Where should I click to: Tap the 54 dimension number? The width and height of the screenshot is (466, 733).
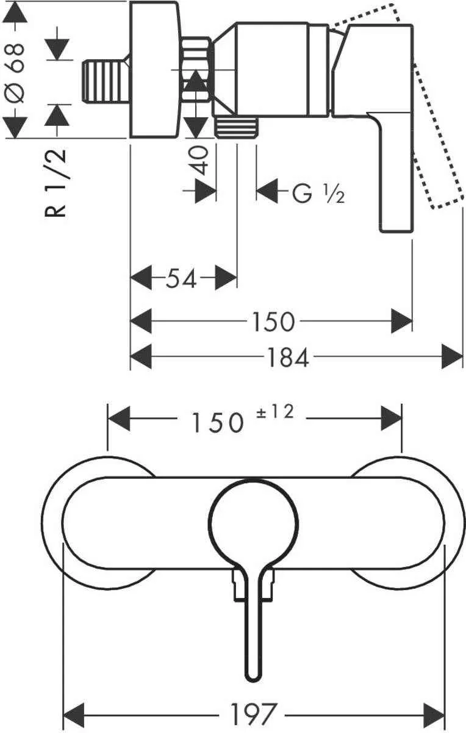(x=182, y=280)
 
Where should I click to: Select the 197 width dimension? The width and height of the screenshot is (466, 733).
(x=254, y=713)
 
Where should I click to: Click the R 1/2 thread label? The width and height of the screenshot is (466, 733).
(x=57, y=184)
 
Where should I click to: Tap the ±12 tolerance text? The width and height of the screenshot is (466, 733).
(x=278, y=414)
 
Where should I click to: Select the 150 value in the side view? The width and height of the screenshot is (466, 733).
(x=272, y=321)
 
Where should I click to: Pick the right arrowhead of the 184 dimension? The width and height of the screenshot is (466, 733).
(x=452, y=357)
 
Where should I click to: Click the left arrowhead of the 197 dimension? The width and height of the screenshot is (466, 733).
(x=74, y=712)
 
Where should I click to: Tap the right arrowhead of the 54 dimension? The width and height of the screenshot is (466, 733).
(x=226, y=279)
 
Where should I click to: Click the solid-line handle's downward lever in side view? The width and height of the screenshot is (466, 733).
(x=396, y=177)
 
